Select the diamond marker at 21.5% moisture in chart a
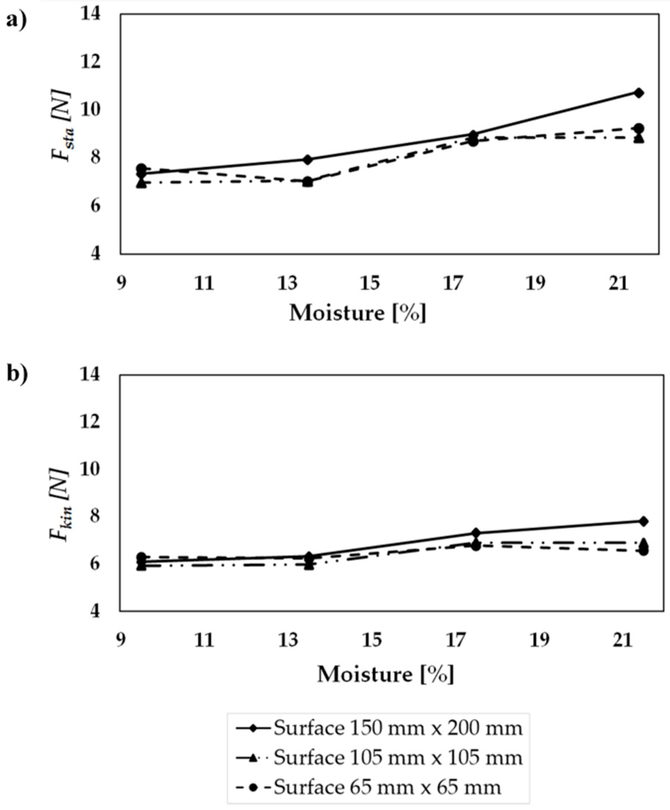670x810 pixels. point(639,93)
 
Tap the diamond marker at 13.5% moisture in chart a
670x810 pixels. point(308,159)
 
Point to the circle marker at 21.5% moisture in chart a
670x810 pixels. point(639,128)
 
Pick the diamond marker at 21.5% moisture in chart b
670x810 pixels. point(643,521)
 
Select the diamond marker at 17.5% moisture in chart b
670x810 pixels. point(476,533)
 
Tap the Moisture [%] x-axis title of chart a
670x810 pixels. point(358,313)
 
